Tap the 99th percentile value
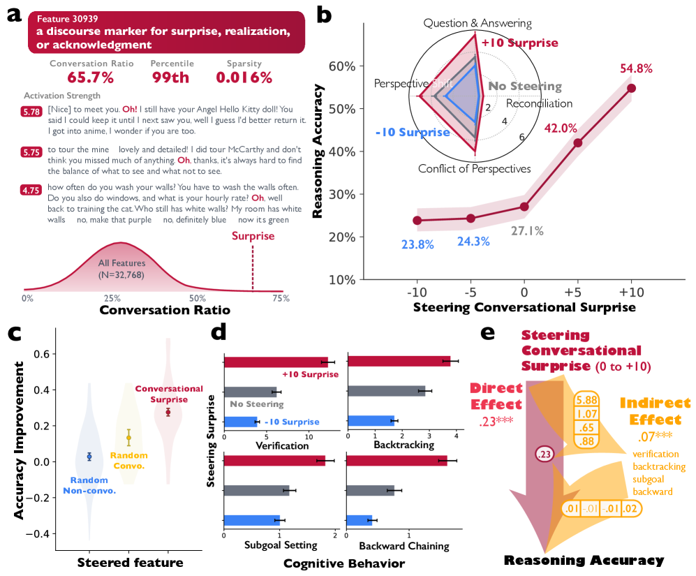point(171,77)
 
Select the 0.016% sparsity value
point(244,77)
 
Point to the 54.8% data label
point(635,68)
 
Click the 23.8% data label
point(417,244)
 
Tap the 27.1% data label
point(527,231)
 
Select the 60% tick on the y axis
point(342,66)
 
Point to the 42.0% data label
point(561,128)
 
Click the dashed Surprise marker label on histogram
point(253,236)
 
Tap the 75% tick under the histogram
point(281,298)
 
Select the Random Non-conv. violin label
point(89,485)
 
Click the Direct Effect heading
point(496,397)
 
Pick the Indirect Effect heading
point(656,411)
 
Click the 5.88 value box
point(587,400)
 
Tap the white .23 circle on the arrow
point(545,455)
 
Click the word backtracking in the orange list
point(658,466)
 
